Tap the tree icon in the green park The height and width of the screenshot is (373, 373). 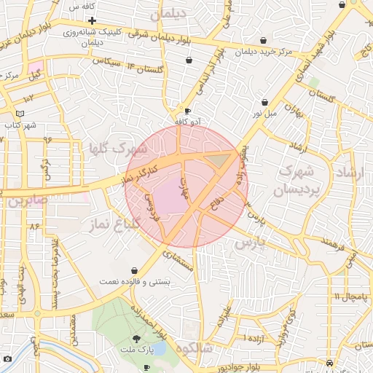[x=136, y=339]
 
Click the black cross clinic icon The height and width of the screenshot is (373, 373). [x=92, y=20]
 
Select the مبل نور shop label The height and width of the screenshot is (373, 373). [x=265, y=113]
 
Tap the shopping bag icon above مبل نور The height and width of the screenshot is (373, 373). [x=264, y=102]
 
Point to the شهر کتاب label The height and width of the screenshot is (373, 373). [x=20, y=125]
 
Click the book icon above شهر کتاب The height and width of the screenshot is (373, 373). [x=20, y=114]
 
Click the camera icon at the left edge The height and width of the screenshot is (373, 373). [x=7, y=358]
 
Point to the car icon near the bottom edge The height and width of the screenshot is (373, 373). [x=331, y=362]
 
